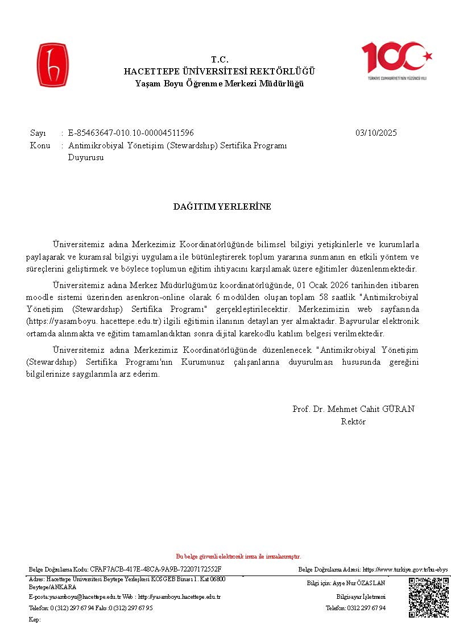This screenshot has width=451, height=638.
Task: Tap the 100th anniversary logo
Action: coord(397,60)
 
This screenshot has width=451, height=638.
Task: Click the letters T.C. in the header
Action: coord(219,60)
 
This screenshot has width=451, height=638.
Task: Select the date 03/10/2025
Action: coord(376,133)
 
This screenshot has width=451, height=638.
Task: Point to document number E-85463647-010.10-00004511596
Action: coord(131,133)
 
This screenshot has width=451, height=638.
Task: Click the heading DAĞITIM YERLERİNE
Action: coord(222,206)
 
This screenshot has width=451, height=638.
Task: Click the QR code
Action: coord(429,597)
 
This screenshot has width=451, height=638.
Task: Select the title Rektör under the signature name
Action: coord(353,422)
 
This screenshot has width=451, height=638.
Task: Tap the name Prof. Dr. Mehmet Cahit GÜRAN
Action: coord(353,409)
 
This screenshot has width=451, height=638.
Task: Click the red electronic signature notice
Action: coord(238,557)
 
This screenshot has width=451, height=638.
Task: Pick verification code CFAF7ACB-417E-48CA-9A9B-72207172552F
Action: coord(156,569)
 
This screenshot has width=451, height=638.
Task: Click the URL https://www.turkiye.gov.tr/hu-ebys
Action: coord(405,569)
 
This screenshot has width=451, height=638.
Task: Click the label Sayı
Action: coord(38,133)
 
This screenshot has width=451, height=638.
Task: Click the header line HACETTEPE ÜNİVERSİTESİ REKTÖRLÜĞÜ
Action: coord(220,72)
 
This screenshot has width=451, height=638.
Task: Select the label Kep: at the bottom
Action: coord(35,619)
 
